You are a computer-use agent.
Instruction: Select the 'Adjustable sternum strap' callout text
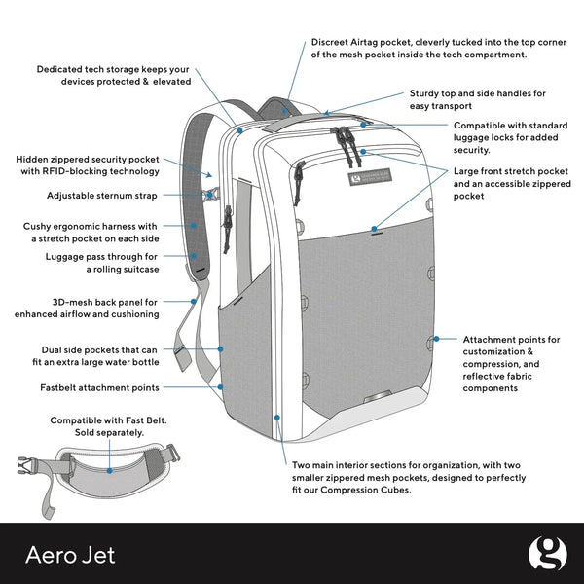101,196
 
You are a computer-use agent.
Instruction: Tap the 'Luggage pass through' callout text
102,263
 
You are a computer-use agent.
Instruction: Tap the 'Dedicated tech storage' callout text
113,76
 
